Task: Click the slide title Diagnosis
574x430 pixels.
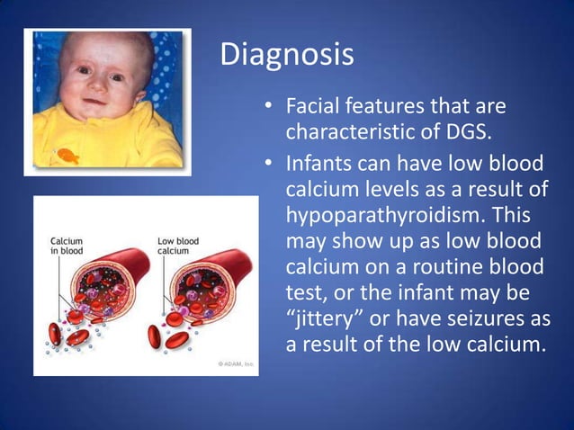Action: click(x=287, y=55)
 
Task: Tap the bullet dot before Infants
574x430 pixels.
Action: click(x=268, y=166)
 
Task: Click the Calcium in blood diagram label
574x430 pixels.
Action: click(x=67, y=246)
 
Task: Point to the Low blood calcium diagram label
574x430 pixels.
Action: click(x=178, y=246)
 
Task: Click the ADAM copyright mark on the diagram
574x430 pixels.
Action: click(x=236, y=362)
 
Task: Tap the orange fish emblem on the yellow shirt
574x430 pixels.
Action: click(x=68, y=156)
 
